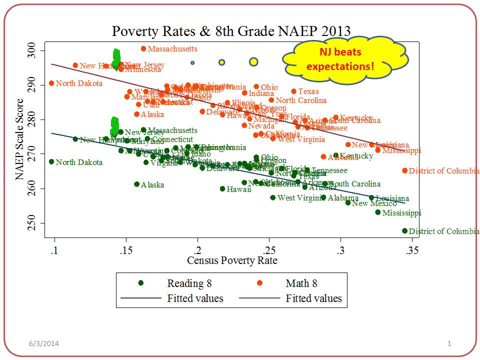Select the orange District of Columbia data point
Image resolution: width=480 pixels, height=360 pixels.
(x=404, y=170)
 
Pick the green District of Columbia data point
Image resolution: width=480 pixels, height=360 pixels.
(x=404, y=231)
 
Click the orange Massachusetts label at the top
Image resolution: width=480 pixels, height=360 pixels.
(x=172, y=49)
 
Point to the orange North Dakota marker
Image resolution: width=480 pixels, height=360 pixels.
(x=51, y=83)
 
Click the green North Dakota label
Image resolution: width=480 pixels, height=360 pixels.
(x=79, y=162)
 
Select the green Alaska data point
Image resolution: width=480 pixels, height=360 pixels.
(x=136, y=184)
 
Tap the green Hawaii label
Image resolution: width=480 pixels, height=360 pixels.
(x=235, y=189)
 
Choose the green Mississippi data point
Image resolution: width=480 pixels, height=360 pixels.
(x=378, y=212)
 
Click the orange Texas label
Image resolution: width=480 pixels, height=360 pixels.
(x=308, y=91)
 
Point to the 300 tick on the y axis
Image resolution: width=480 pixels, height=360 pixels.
(x=38, y=51)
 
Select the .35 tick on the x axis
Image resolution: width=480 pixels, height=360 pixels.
(x=412, y=250)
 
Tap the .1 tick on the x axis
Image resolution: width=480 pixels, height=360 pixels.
(x=54, y=250)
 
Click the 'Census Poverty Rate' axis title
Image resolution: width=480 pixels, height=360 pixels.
(x=232, y=260)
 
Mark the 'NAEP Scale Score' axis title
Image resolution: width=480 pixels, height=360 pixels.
(x=20, y=137)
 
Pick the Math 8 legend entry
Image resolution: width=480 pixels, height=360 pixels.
(x=301, y=283)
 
